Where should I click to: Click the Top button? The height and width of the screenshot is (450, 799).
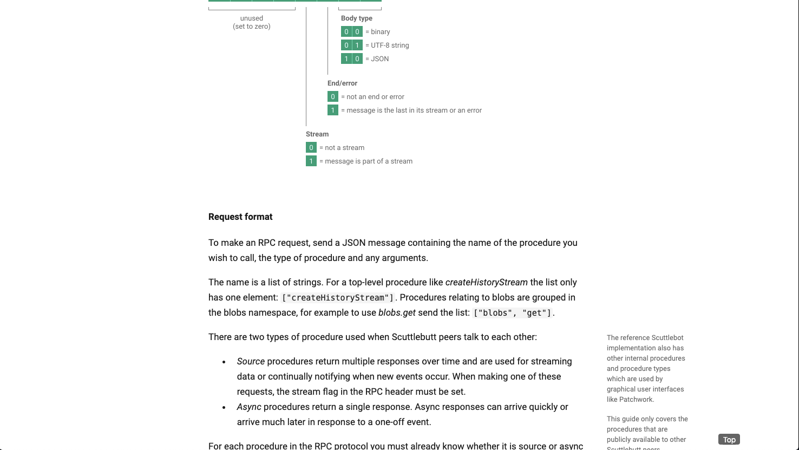click(x=729, y=440)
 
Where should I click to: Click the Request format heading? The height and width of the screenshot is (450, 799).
click(x=240, y=217)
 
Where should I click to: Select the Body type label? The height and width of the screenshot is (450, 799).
click(x=356, y=18)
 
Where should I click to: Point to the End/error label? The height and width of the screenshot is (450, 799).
click(x=342, y=83)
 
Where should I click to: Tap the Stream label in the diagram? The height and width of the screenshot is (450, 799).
click(x=317, y=134)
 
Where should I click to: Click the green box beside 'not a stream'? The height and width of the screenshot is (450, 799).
click(x=311, y=148)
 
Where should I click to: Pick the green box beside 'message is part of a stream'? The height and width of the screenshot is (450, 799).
click(x=311, y=161)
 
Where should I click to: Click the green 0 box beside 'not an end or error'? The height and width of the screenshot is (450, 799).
click(x=333, y=97)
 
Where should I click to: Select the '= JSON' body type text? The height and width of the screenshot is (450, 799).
click(x=377, y=59)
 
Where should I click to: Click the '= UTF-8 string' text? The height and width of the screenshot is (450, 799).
click(x=387, y=45)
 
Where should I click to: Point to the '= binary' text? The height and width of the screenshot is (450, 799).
click(x=378, y=32)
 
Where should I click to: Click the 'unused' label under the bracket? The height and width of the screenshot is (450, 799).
click(x=252, y=18)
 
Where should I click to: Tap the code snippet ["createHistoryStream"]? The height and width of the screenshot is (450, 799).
click(x=337, y=298)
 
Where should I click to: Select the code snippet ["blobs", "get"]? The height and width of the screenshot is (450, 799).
click(x=512, y=313)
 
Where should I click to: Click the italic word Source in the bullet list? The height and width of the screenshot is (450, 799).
click(x=251, y=361)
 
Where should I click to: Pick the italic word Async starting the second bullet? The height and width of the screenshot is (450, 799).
click(x=249, y=407)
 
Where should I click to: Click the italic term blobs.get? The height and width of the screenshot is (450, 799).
click(x=397, y=313)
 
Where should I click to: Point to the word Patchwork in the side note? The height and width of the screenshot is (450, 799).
click(x=637, y=400)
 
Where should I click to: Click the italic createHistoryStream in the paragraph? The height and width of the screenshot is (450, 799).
click(x=486, y=282)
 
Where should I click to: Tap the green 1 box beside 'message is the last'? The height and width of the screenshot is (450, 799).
click(x=333, y=110)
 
